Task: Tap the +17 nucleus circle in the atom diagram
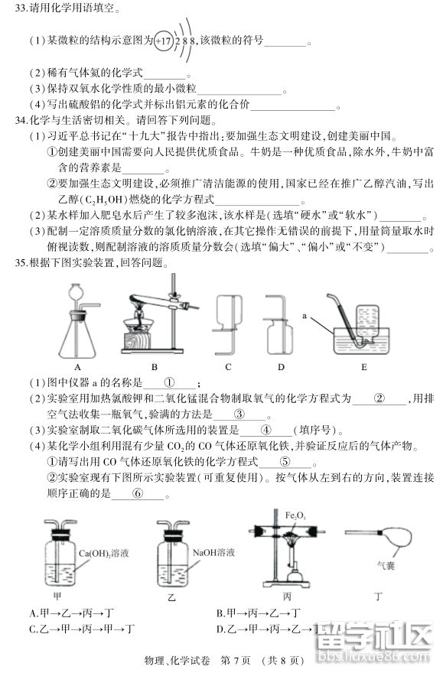tap(163, 41)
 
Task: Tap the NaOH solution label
tap(213, 551)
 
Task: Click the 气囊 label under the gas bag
tap(385, 567)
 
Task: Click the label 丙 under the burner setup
tap(287, 594)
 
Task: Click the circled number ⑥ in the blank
tap(138, 493)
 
